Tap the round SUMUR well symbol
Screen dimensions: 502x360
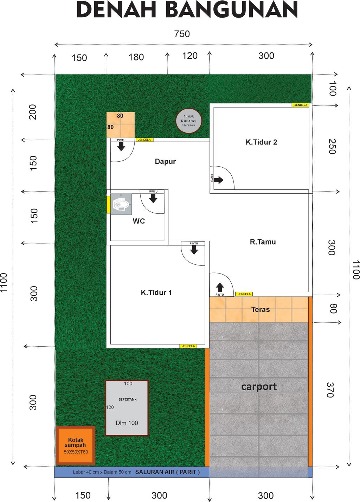(189, 121)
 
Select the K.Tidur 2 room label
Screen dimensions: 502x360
(261, 142)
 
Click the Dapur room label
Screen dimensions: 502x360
(165, 161)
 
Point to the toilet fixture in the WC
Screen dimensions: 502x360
(121, 204)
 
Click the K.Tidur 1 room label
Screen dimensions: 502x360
(156, 292)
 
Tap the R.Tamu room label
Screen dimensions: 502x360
(263, 242)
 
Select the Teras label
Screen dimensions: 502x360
(261, 310)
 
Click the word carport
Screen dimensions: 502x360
(259, 387)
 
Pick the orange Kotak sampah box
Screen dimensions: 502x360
(76, 446)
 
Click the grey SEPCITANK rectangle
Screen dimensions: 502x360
(127, 408)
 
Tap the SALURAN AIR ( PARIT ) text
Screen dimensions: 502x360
(167, 472)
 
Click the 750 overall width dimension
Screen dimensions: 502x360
(182, 34)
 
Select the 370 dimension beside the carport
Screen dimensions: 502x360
(330, 390)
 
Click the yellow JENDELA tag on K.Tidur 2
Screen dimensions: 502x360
(301, 105)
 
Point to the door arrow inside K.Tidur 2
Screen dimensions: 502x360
(219, 180)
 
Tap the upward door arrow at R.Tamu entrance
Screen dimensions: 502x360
(220, 287)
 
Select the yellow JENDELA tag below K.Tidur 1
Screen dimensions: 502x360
(188, 346)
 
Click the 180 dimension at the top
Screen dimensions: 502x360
(136, 57)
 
